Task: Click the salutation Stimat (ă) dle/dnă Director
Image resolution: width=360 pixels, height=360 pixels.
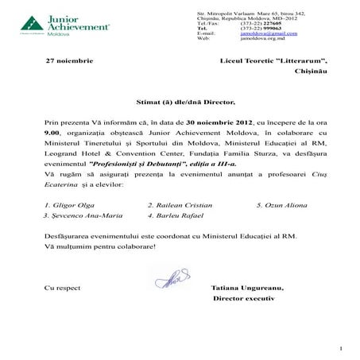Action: coord(187,103)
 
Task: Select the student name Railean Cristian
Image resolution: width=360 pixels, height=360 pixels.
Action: coord(176,204)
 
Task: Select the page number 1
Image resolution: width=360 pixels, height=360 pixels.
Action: coord(340,349)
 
